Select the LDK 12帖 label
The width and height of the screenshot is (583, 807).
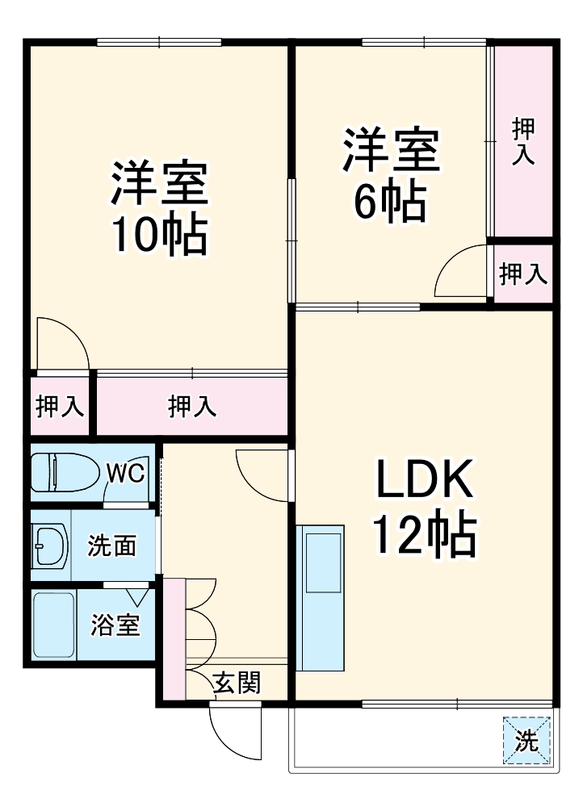[x=423, y=509]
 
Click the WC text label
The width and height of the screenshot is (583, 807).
[x=127, y=473]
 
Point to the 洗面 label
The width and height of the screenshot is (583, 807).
[x=111, y=546]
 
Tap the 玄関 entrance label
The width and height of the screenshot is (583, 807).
[x=237, y=684]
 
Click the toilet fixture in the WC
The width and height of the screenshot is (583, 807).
[x=65, y=473]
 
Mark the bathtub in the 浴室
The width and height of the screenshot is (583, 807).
[x=53, y=625]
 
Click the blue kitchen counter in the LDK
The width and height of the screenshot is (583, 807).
[x=320, y=597]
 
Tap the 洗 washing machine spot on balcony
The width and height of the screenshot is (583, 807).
[x=526, y=740]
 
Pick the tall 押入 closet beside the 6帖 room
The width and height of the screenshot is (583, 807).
[x=523, y=141]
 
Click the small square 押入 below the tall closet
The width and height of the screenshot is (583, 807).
[x=523, y=274]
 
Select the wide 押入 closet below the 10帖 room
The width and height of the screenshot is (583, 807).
[x=192, y=407]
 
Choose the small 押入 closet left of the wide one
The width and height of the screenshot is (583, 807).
[x=60, y=407]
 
